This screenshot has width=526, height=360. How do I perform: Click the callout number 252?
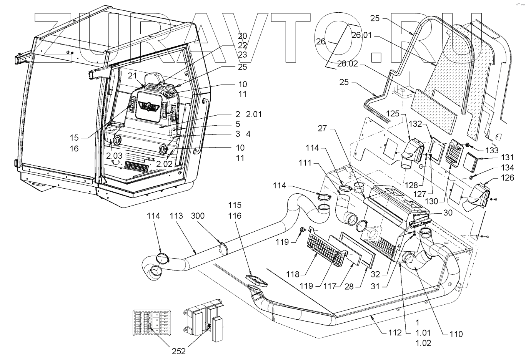[x=179, y=351]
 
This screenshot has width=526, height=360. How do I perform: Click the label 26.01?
[x=362, y=35]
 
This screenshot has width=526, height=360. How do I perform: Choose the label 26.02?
[x=348, y=64]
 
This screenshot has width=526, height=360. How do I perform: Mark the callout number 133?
[x=489, y=150]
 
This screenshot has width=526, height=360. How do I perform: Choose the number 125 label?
[x=393, y=114]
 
